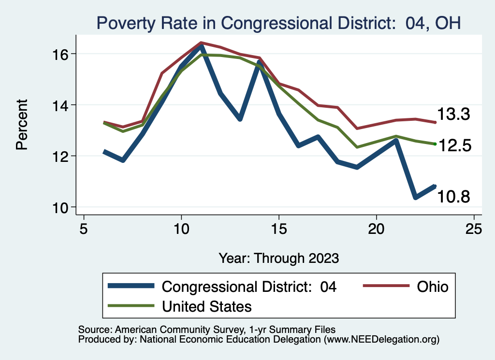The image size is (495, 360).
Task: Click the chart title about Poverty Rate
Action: point(278,23)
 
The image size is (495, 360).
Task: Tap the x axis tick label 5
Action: point(84,229)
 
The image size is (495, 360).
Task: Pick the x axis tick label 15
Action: point(279,229)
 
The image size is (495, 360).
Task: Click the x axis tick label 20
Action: point(376,229)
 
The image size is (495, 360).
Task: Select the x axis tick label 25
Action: point(474,229)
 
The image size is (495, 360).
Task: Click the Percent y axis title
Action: point(22,124)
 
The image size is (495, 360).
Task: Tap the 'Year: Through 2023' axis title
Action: point(278,258)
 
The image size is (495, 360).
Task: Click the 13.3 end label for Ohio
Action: point(454,115)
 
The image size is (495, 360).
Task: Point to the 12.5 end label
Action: point(454,145)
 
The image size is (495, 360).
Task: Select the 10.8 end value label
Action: point(454,196)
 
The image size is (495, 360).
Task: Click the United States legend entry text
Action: point(207,306)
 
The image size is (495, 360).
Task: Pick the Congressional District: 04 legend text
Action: point(249,287)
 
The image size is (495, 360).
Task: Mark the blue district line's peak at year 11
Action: point(201,46)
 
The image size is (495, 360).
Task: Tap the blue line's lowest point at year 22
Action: point(415,197)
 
